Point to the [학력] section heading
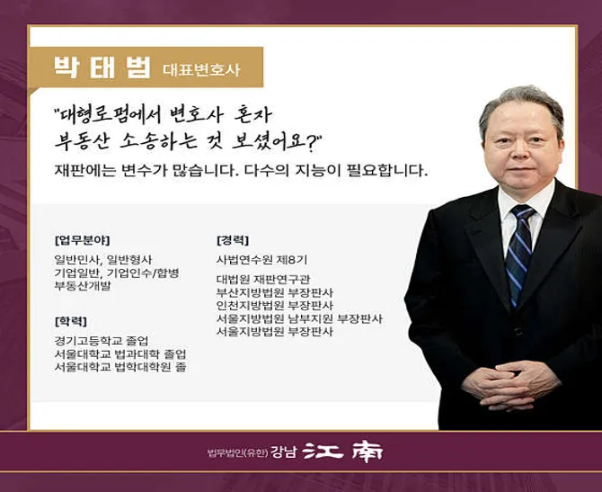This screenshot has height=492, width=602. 71,320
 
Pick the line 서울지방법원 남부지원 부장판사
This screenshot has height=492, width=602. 300,318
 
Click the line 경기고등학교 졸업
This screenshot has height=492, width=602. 101,340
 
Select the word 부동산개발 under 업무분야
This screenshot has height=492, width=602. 82,285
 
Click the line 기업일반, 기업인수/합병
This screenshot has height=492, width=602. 117,273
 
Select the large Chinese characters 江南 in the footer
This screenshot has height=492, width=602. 342,452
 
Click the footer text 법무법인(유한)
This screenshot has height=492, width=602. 238,452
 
